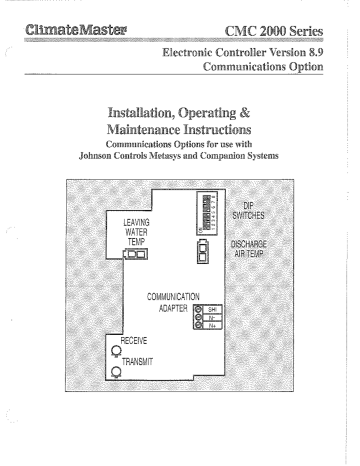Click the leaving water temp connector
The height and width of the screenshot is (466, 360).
[x=134, y=255]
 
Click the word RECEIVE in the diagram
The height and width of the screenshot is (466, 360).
[x=136, y=341]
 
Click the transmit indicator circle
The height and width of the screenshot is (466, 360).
[x=116, y=372]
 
